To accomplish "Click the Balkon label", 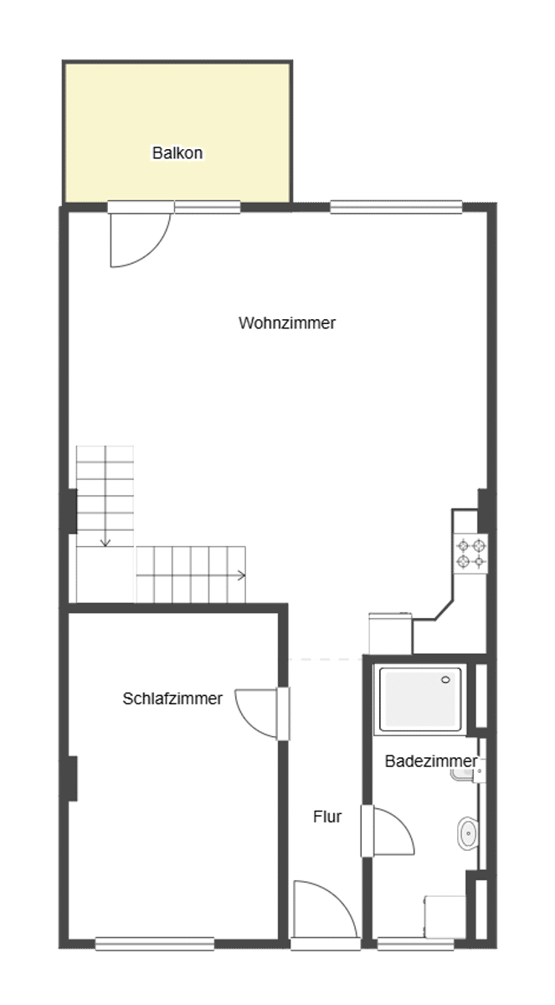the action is pyautogui.click(x=177, y=153).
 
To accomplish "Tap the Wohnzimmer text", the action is pyautogui.click(x=287, y=323).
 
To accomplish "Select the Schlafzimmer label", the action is pyautogui.click(x=172, y=698).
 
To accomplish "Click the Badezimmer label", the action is pyautogui.click(x=431, y=761).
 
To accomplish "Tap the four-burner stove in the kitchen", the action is pyautogui.click(x=471, y=554).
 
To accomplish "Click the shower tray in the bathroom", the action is pyautogui.click(x=420, y=699).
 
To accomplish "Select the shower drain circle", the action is pyautogui.click(x=445, y=680).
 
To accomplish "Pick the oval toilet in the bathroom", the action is pyautogui.click(x=468, y=833).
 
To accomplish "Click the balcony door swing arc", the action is pyautogui.click(x=155, y=254).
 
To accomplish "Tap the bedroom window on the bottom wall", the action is pyautogui.click(x=155, y=944).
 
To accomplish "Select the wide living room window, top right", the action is pyautogui.click(x=396, y=207).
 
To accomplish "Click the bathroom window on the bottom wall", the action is pyautogui.click(x=415, y=944).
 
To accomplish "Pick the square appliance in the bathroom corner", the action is pyautogui.click(x=445, y=916).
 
